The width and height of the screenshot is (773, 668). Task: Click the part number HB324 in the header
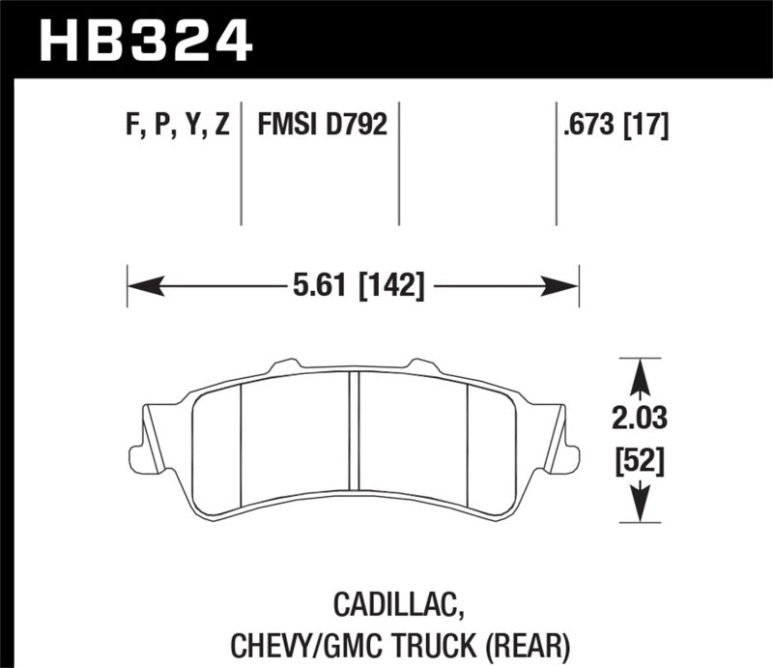(x=145, y=41)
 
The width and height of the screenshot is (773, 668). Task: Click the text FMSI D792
(x=321, y=125)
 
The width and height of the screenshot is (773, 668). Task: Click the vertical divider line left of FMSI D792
(x=241, y=164)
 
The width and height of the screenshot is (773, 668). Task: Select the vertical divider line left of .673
(x=556, y=164)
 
